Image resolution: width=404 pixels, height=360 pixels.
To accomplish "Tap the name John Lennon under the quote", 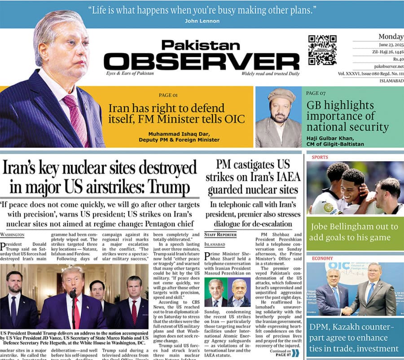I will (x=202, y=21).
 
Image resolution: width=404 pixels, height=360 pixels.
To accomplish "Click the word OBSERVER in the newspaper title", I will (x=201, y=61).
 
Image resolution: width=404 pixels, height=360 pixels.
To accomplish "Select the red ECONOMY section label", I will (x=322, y=259).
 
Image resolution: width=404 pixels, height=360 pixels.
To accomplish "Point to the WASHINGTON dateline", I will (x=12, y=235).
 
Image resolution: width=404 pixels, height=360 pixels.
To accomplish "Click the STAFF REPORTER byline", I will (x=220, y=235).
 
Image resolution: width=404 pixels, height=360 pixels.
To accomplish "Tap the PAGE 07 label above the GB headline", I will (x=316, y=93).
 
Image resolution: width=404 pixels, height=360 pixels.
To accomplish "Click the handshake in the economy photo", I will (x=347, y=310).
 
